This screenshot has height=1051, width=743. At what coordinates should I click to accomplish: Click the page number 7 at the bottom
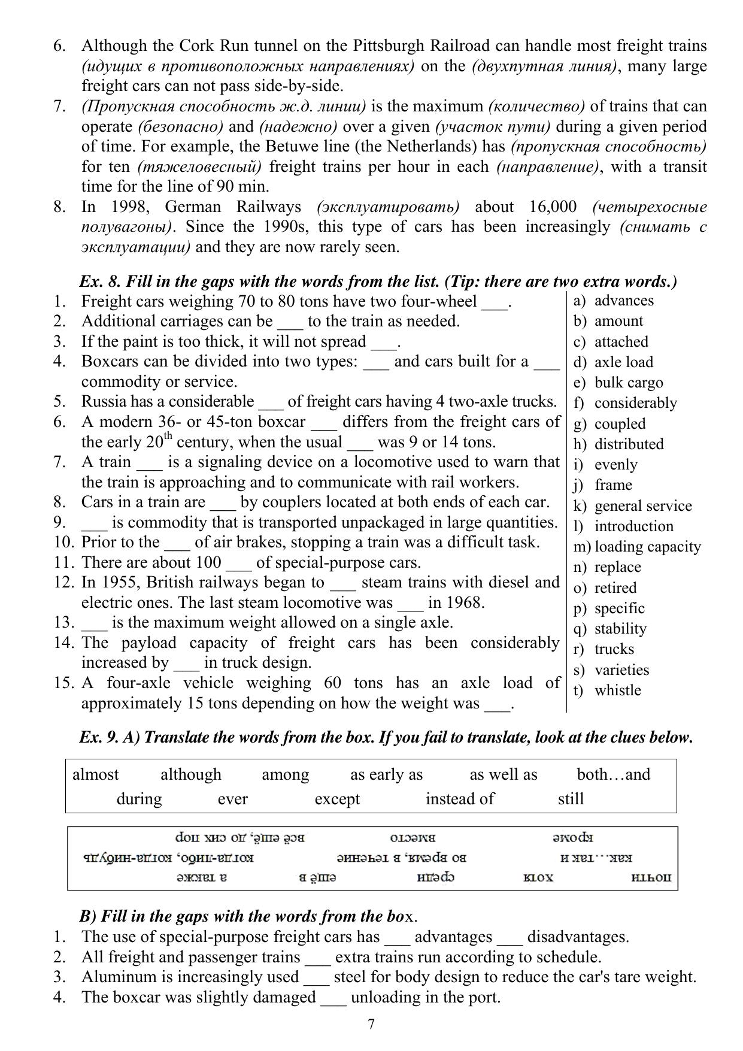pos(371,1024)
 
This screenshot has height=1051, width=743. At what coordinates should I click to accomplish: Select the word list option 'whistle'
pos(617,690)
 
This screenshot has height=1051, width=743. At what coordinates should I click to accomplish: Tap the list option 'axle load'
pos(623,362)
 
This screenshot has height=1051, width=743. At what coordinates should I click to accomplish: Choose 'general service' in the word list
pos(643,505)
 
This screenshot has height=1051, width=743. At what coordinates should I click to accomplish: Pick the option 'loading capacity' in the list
pos(648,546)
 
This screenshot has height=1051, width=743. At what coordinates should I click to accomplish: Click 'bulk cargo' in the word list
pos(629,382)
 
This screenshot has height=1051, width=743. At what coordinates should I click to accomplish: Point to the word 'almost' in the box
pos(95,774)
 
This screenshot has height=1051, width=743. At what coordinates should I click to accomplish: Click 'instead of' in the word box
pos(460,798)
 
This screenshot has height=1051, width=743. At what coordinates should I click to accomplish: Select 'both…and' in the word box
pos(613,774)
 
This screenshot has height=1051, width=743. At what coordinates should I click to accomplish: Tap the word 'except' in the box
pos(337,799)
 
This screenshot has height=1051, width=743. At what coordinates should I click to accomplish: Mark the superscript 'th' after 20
pos(168,437)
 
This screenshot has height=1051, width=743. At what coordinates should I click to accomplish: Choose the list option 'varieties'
pos(621,670)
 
